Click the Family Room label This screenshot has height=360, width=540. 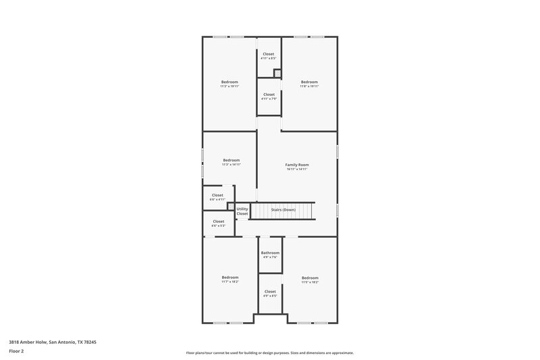(296, 165)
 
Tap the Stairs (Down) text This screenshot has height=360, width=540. (283, 209)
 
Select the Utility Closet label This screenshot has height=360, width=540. (242, 211)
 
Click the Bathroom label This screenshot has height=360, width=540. (270, 253)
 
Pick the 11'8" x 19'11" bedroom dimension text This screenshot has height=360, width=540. (309, 86)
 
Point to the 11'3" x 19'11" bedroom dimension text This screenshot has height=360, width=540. (230, 86)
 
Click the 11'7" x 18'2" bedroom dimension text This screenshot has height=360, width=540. (230, 282)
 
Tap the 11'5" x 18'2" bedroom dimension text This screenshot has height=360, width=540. (310, 282)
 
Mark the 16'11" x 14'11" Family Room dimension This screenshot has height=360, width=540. (296, 170)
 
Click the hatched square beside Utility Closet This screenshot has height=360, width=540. (230, 207)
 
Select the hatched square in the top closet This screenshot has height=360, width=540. (276, 73)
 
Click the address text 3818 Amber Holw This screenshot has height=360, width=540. (53, 342)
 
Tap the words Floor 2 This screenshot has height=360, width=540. (16, 351)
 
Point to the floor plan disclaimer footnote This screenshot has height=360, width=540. (269, 353)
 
